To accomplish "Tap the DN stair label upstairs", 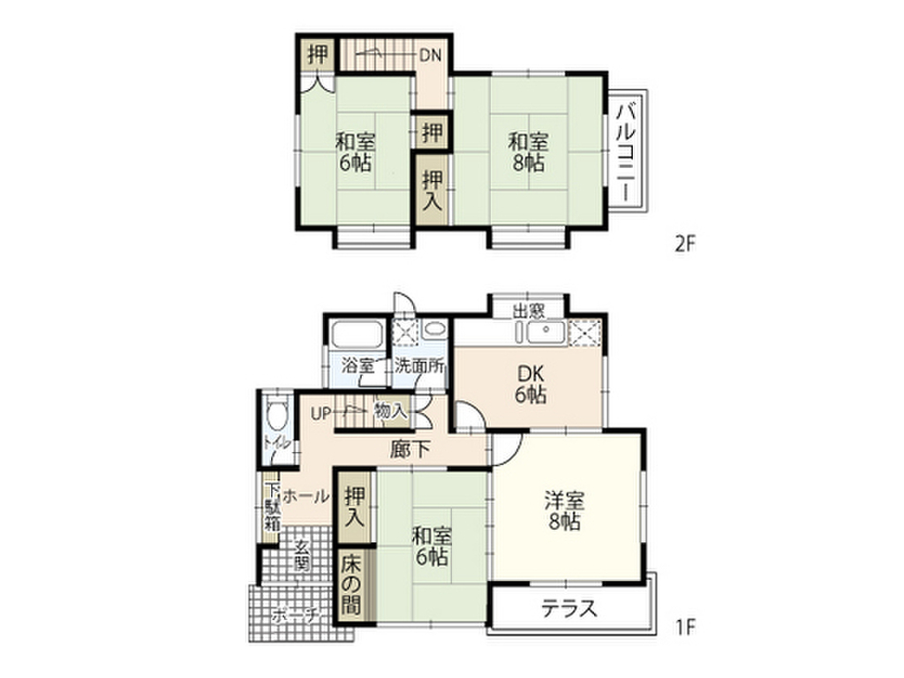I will [x=430, y=56].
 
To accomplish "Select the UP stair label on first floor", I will [x=320, y=411].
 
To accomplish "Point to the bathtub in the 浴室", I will [x=356, y=337].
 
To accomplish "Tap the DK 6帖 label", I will [x=531, y=385].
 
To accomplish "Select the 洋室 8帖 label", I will [x=562, y=511].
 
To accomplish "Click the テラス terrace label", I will [x=569, y=609].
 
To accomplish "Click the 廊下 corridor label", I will [x=411, y=448].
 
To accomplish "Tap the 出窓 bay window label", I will [x=529, y=310].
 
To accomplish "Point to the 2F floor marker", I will [x=686, y=244].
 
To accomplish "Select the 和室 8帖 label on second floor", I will [x=529, y=151].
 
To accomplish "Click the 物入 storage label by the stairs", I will [x=389, y=411].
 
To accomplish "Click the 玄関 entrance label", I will [x=301, y=555].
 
